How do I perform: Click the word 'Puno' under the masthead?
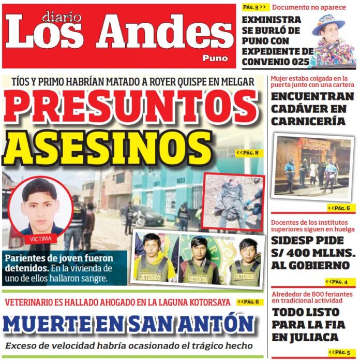[215, 59]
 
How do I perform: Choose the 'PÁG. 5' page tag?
[342, 353]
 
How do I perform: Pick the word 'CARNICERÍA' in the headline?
[308, 121]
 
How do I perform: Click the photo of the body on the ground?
[234, 201]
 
